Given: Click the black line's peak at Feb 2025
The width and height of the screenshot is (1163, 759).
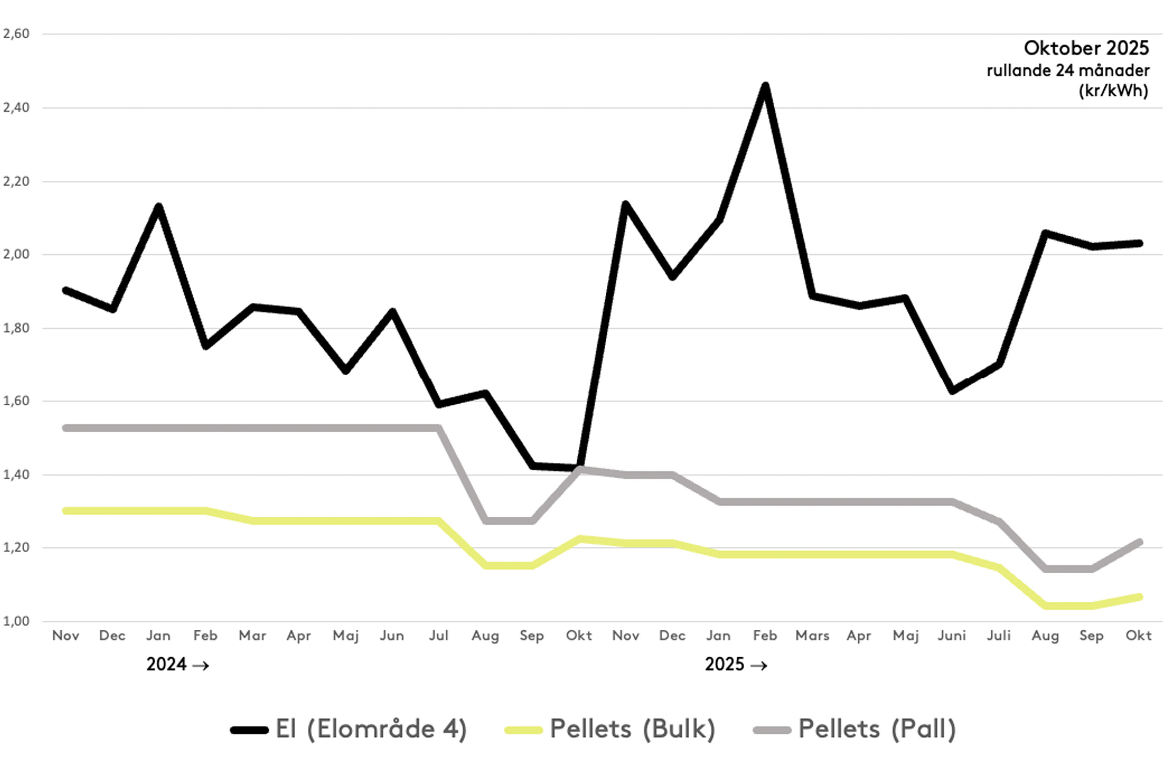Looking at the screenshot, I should pyautogui.click(x=765, y=86).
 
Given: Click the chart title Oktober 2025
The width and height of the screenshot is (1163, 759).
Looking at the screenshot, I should pyautogui.click(x=1086, y=48).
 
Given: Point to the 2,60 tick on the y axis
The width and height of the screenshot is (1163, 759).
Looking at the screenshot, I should pyautogui.click(x=16, y=34).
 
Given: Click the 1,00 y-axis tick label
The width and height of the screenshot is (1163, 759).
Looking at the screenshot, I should pyautogui.click(x=16, y=621).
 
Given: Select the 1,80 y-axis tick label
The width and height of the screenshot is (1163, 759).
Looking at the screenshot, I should pyautogui.click(x=16, y=328).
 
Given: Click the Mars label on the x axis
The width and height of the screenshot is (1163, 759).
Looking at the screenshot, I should pyautogui.click(x=812, y=636).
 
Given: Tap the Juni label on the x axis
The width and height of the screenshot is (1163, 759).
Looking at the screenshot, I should pyautogui.click(x=952, y=636).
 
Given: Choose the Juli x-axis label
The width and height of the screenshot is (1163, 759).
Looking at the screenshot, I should pyautogui.click(x=999, y=636).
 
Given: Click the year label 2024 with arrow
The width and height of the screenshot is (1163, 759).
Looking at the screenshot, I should pyautogui.click(x=177, y=665).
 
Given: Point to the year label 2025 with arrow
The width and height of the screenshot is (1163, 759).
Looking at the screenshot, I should pyautogui.click(x=736, y=665).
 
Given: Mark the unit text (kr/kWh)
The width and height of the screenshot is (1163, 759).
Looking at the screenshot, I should pyautogui.click(x=1113, y=90).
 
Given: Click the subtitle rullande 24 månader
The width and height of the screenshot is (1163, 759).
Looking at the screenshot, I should pyautogui.click(x=1068, y=71).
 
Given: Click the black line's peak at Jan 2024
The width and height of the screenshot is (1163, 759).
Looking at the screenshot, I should pyautogui.click(x=159, y=206).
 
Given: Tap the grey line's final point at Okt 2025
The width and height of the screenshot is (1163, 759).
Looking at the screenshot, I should pyautogui.click(x=1139, y=542).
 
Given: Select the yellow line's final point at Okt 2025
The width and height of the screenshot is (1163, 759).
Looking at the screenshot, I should pyautogui.click(x=1139, y=597).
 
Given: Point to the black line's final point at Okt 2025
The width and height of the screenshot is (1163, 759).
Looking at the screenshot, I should pyautogui.click(x=1139, y=243).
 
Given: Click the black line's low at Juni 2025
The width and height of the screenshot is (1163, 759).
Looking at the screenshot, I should pyautogui.click(x=952, y=391).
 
